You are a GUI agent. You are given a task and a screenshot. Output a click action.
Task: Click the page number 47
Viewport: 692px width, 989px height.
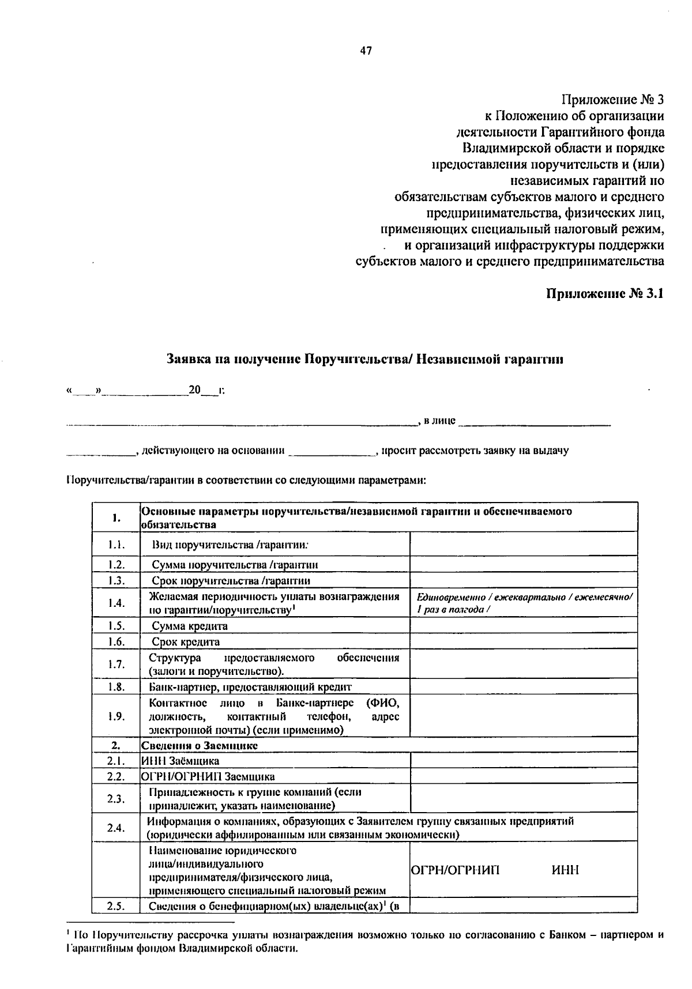tap(366, 51)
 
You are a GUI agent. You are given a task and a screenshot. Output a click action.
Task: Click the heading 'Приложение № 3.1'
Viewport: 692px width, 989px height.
tap(605, 293)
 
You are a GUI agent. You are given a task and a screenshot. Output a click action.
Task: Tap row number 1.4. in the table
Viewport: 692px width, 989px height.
tap(116, 603)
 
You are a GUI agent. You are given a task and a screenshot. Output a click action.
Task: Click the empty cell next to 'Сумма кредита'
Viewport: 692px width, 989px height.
tap(523, 625)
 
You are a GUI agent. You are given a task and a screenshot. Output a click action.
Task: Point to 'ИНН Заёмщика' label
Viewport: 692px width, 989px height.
tap(180, 761)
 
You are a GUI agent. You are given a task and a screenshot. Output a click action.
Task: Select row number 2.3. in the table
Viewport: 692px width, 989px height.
tap(116, 798)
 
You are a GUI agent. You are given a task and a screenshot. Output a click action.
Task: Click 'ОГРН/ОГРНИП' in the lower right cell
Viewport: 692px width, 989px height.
tap(456, 870)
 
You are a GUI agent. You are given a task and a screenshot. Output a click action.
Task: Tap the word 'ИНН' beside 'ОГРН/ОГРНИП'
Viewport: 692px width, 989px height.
tap(565, 870)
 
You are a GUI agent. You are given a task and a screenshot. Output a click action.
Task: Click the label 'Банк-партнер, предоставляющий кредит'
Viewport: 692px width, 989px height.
tap(250, 686)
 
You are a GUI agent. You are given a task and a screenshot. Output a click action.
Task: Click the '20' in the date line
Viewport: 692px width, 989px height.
tap(194, 390)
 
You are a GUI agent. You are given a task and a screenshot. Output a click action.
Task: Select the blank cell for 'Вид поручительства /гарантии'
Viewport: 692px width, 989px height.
tap(523, 544)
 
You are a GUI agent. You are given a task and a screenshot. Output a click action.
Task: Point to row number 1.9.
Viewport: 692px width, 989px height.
tap(116, 716)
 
